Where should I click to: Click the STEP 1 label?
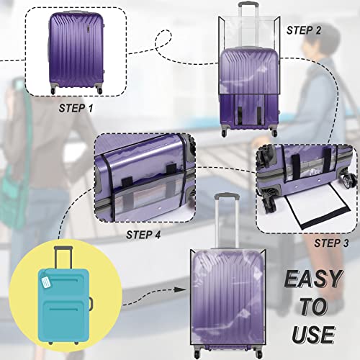76,107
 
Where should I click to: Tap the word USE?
312,333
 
